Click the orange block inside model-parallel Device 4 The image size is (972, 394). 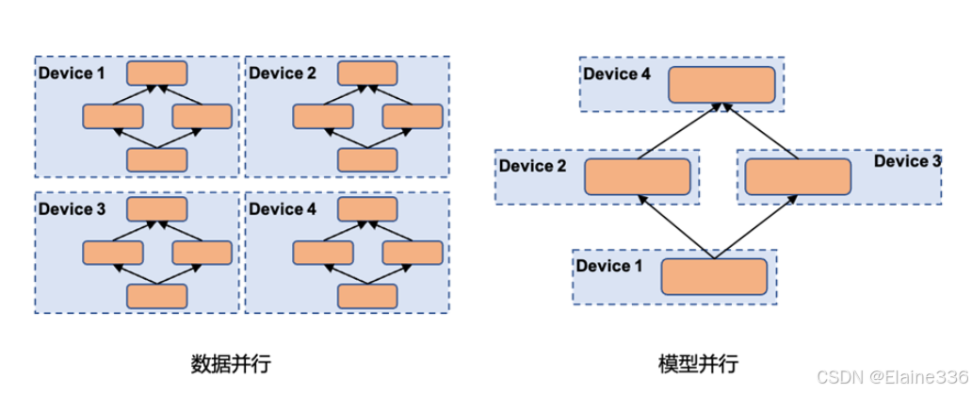tap(721, 85)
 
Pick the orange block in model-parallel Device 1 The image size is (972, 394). tap(714, 277)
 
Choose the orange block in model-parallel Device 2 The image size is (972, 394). tap(637, 176)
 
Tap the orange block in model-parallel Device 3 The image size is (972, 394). tap(797, 176)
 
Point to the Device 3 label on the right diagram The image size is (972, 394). tap(907, 161)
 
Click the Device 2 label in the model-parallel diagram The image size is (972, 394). tap(533, 166)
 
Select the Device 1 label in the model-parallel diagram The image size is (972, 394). tap(609, 266)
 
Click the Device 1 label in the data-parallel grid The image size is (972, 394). tap(72, 73)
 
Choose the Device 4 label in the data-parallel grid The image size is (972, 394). tap(283, 209)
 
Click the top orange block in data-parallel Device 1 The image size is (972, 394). tap(157, 74)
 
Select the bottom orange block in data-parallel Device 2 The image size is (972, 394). tap(367, 159)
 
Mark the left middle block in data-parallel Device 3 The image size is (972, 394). tap(113, 253)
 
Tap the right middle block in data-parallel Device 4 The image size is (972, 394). tap(412, 253)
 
